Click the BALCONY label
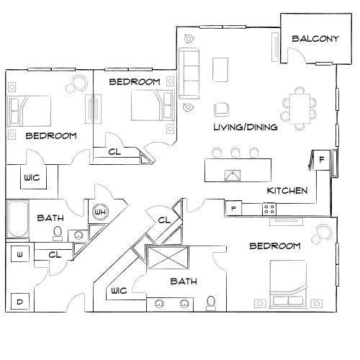(x=315, y=39)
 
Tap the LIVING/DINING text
(x=246, y=127)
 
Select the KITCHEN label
(x=287, y=191)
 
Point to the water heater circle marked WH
(x=100, y=212)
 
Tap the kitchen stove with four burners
(x=269, y=209)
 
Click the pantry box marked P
(x=233, y=209)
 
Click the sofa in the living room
(x=190, y=74)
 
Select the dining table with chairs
(x=299, y=105)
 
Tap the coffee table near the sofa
(x=220, y=69)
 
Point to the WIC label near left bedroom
(x=31, y=177)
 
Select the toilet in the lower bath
(x=211, y=301)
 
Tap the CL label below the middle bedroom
(x=114, y=152)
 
